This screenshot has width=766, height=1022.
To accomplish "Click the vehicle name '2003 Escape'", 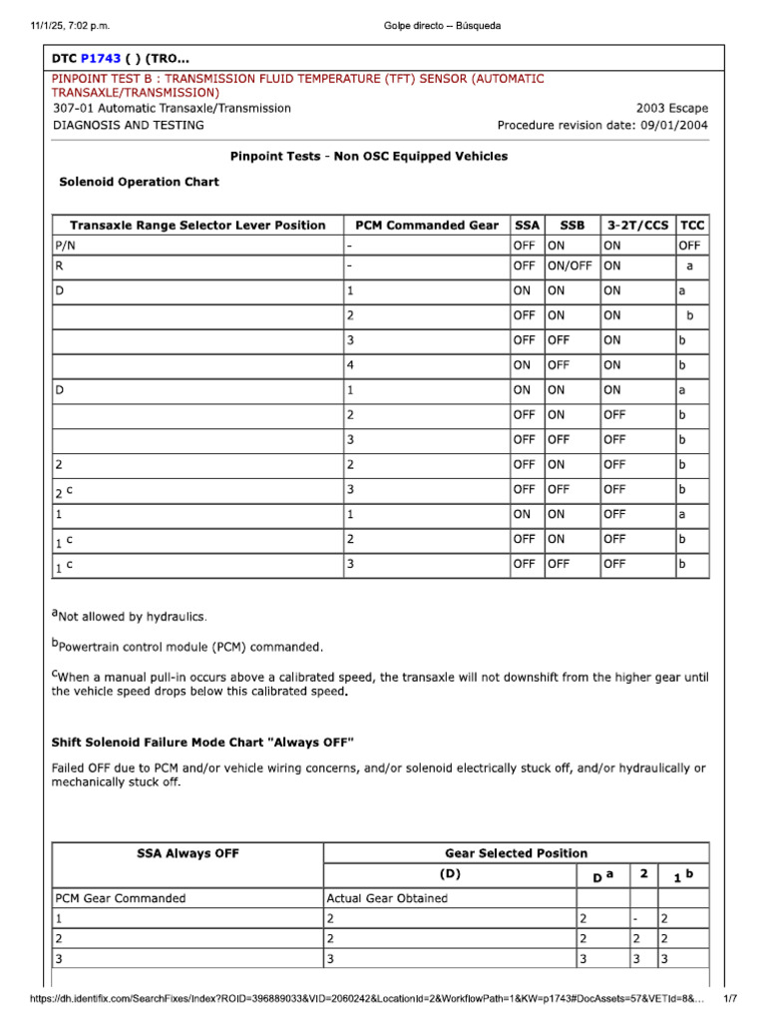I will (x=672, y=108).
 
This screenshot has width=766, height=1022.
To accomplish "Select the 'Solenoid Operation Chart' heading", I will (x=139, y=183).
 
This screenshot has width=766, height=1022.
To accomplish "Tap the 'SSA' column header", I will (x=527, y=226).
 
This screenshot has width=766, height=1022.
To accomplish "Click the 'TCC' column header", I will (x=692, y=226).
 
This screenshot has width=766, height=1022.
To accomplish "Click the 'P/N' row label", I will (x=66, y=245).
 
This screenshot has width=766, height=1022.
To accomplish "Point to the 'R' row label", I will (x=59, y=266).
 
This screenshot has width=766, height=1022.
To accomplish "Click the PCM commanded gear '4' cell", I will (x=350, y=365).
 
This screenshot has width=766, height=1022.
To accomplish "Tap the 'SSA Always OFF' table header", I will (x=188, y=853).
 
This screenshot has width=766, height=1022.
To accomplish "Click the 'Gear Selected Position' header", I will (x=516, y=853).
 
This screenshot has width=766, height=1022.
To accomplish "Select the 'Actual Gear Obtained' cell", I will (x=387, y=898).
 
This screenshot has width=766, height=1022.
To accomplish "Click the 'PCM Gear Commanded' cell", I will (x=121, y=898).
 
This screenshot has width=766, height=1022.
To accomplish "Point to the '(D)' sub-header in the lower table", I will (x=450, y=875).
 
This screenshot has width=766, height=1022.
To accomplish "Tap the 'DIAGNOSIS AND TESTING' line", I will (x=128, y=126).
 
